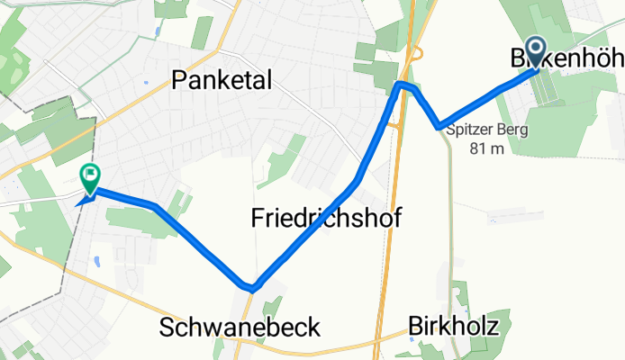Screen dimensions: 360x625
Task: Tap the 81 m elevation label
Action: click(x=487, y=148)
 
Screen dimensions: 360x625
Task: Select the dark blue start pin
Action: click(x=536, y=51)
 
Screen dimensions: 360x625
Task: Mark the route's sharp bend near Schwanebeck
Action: click(x=252, y=288)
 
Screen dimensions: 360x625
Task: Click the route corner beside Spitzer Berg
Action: click(x=439, y=126)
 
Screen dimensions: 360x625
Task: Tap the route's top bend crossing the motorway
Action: click(x=403, y=85)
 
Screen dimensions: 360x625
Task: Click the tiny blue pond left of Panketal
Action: click(x=146, y=81)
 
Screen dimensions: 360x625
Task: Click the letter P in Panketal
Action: click(x=178, y=82)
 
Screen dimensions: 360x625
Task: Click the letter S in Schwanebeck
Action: click(x=168, y=327)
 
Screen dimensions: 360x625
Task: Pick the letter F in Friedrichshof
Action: click(x=256, y=218)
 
